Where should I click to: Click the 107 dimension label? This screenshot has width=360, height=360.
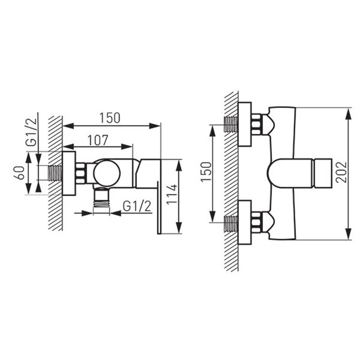coord(98,140)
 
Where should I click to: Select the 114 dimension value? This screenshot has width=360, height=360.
coord(172,194)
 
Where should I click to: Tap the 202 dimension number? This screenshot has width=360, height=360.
coord(341,172)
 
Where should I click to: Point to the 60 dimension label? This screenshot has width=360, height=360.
coord(19,173)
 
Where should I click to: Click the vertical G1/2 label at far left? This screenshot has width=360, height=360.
coord(31,132)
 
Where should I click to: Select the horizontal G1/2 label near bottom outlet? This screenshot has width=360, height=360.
coord(137,206)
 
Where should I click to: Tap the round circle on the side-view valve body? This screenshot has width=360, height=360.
coord(107,173)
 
